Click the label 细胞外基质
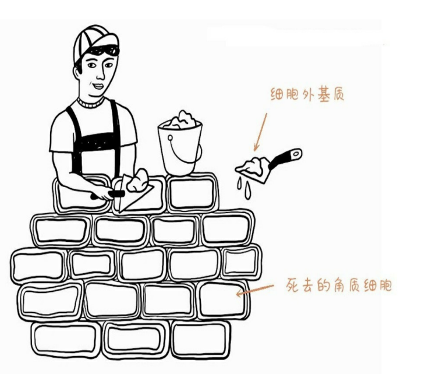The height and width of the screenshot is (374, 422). (307, 94)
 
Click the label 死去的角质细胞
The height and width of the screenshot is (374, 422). (339, 285)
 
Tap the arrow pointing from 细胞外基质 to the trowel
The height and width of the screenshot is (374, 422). (260, 131)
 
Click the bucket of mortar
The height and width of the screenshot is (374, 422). (180, 146)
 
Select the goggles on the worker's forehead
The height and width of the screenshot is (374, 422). (105, 50)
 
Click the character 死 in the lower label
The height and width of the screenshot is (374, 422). (293, 285)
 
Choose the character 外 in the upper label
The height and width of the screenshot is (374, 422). (307, 94)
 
